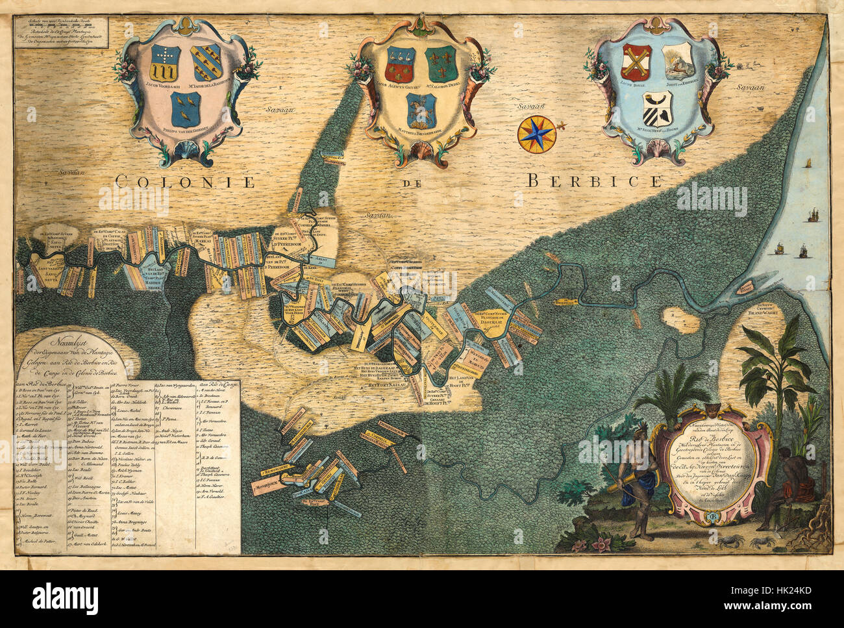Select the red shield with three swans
(x=401, y=64)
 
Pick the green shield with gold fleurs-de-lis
(x=441, y=64)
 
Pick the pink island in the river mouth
(x=745, y=286)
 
